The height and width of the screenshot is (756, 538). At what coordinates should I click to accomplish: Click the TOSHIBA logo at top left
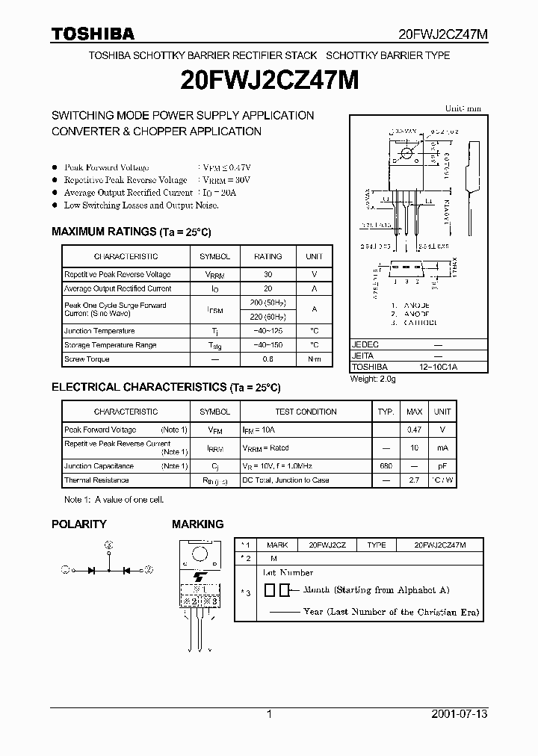(x=93, y=34)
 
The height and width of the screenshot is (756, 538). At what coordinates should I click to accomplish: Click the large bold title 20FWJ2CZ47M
(x=269, y=81)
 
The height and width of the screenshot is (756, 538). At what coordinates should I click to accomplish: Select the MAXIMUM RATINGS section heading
(x=131, y=232)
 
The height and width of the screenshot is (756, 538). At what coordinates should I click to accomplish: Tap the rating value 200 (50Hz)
(x=268, y=303)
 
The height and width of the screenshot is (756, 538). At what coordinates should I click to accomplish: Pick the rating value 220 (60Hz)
(x=268, y=316)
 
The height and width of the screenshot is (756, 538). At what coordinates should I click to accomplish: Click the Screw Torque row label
(x=87, y=359)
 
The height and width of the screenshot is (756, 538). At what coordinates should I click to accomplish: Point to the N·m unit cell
(x=314, y=359)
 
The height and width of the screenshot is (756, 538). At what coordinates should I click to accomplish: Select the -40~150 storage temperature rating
(x=268, y=345)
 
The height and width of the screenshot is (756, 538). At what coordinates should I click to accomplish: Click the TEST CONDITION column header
(x=306, y=412)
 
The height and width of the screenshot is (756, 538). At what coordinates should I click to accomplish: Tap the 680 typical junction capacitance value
(x=386, y=466)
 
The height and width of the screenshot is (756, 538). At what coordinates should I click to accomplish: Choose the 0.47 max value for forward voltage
(x=414, y=430)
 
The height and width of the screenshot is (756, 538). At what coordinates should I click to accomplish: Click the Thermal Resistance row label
(x=96, y=480)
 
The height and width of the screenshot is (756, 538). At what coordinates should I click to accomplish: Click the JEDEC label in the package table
(x=365, y=345)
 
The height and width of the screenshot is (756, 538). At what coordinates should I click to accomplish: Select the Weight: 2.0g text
(x=373, y=379)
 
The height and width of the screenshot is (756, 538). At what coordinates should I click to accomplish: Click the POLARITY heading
(x=78, y=524)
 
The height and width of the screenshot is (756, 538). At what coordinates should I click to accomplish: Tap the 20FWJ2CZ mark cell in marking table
(x=327, y=545)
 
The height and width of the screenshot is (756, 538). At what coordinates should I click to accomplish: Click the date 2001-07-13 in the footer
(x=460, y=715)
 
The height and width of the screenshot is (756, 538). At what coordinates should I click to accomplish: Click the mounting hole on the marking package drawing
(x=200, y=554)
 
